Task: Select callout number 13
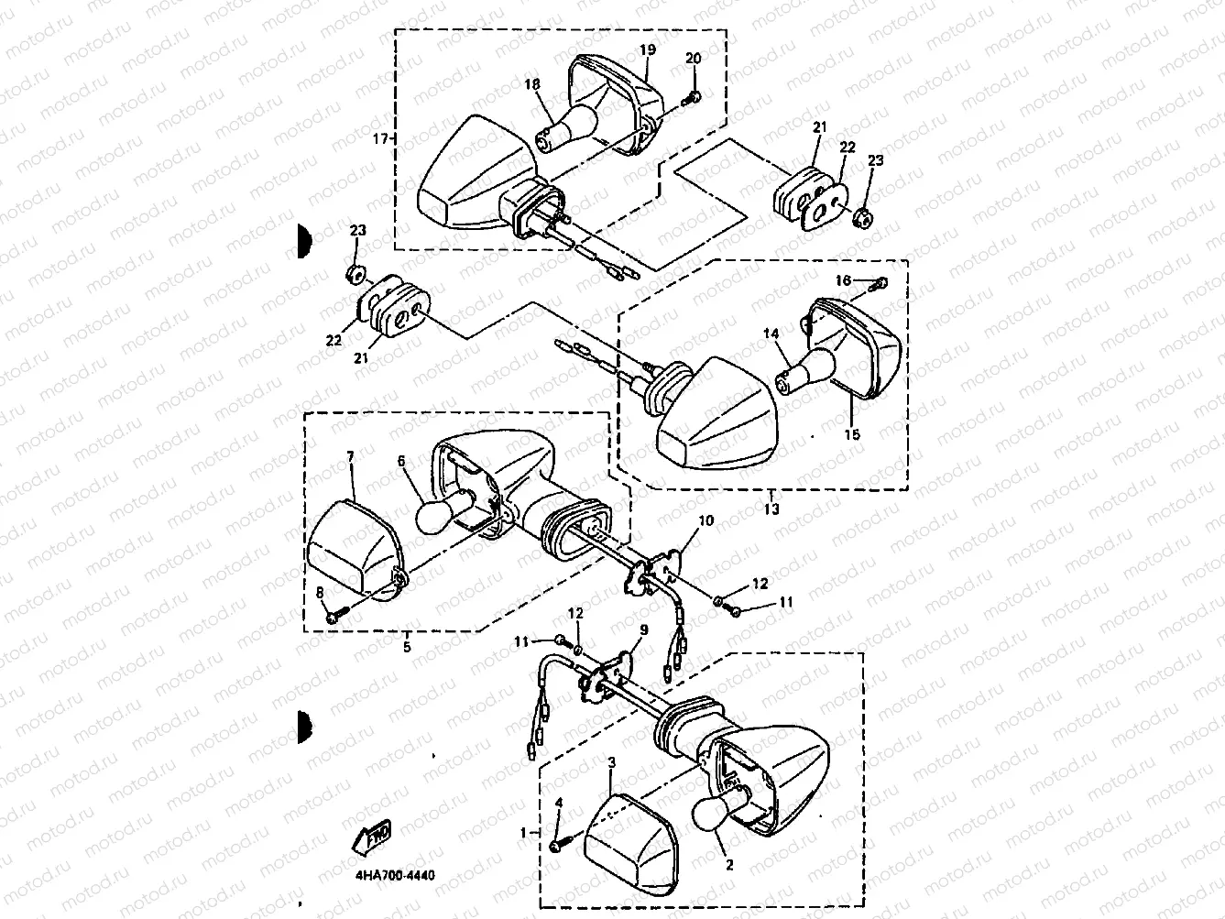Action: (771, 509)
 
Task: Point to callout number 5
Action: (407, 646)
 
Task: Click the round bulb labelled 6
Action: (437, 515)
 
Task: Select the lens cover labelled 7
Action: (350, 550)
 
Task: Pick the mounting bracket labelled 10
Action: (658, 568)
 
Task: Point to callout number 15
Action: (852, 435)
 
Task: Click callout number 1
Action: (524, 833)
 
